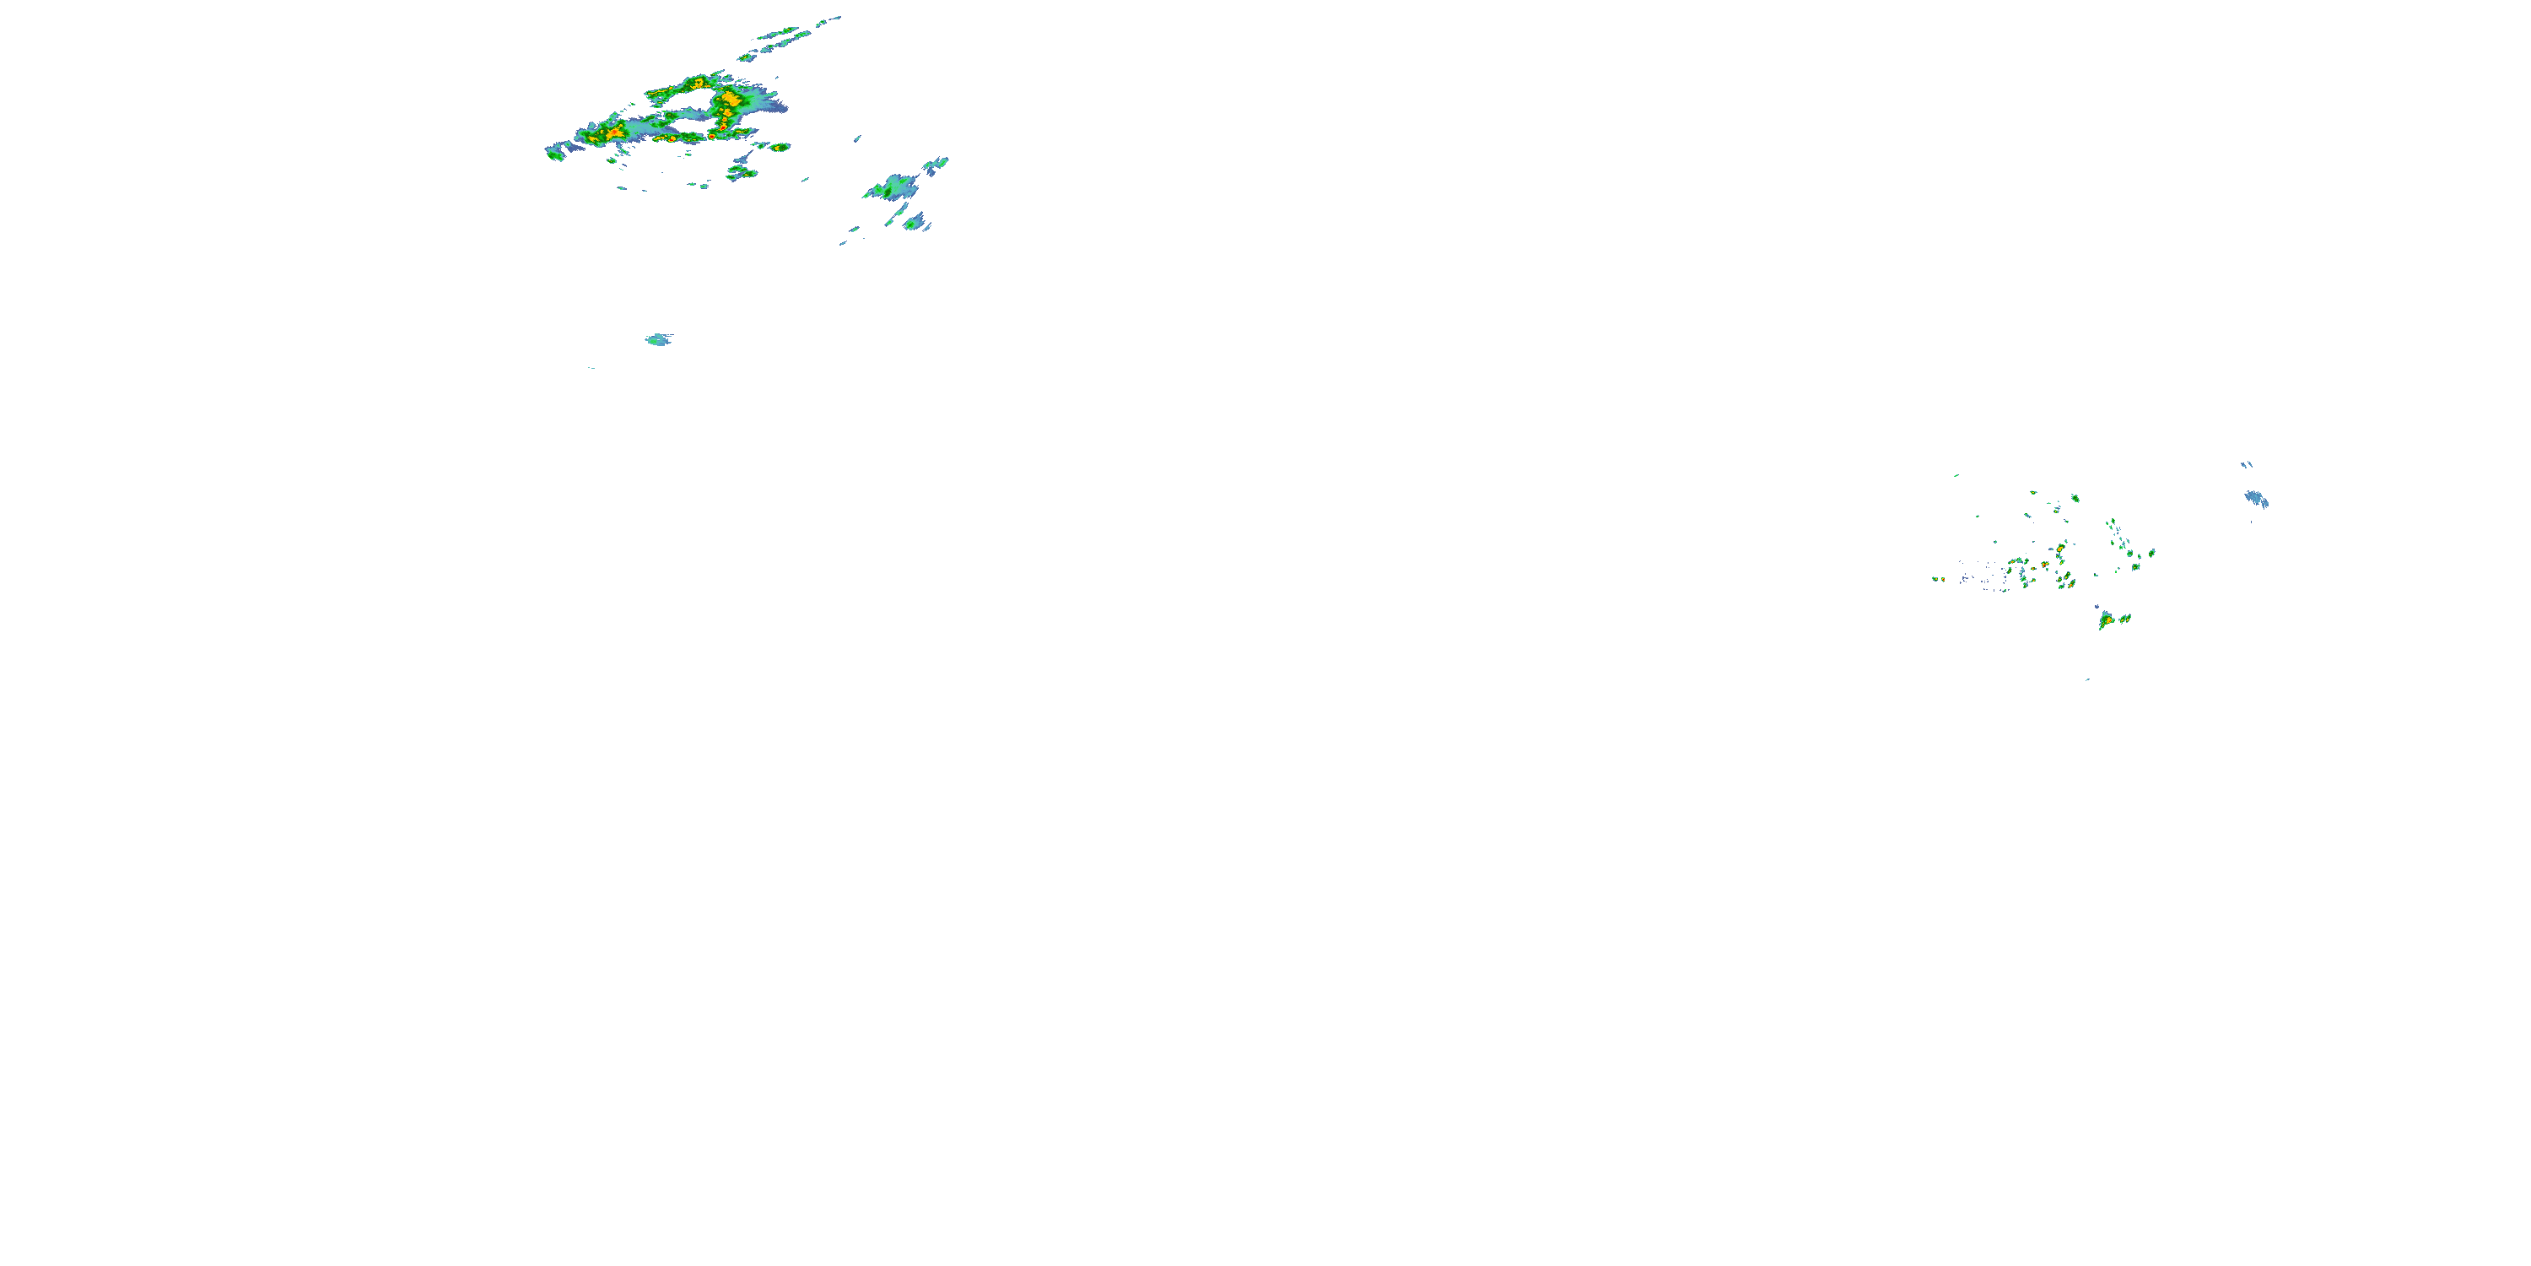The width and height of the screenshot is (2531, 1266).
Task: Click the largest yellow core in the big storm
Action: point(730,100)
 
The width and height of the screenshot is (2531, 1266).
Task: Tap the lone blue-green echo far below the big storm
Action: point(657,340)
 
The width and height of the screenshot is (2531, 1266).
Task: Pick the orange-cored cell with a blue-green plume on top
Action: point(2107,620)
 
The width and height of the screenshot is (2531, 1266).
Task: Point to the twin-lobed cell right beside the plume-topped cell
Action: point(2125,619)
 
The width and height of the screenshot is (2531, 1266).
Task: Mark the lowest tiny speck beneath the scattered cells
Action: point(2087,679)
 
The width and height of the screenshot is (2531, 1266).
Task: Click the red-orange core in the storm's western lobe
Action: point(614,132)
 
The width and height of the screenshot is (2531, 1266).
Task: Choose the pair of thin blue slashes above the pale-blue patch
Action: point(2246,464)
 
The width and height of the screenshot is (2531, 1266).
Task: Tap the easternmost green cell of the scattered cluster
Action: point(2151,553)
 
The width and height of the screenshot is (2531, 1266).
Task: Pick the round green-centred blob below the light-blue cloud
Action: point(915,225)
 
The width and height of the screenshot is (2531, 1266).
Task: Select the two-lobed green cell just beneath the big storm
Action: point(741,173)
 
